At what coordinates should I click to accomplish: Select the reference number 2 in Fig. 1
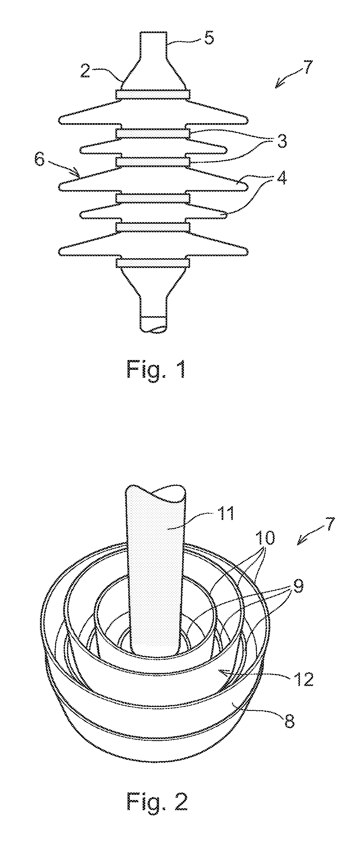pyautogui.click(x=86, y=71)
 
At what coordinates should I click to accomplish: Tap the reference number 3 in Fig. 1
pyautogui.click(x=281, y=142)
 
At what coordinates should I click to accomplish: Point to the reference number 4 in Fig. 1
pyautogui.click(x=281, y=179)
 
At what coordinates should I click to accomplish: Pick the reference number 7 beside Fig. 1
pyautogui.click(x=307, y=67)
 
